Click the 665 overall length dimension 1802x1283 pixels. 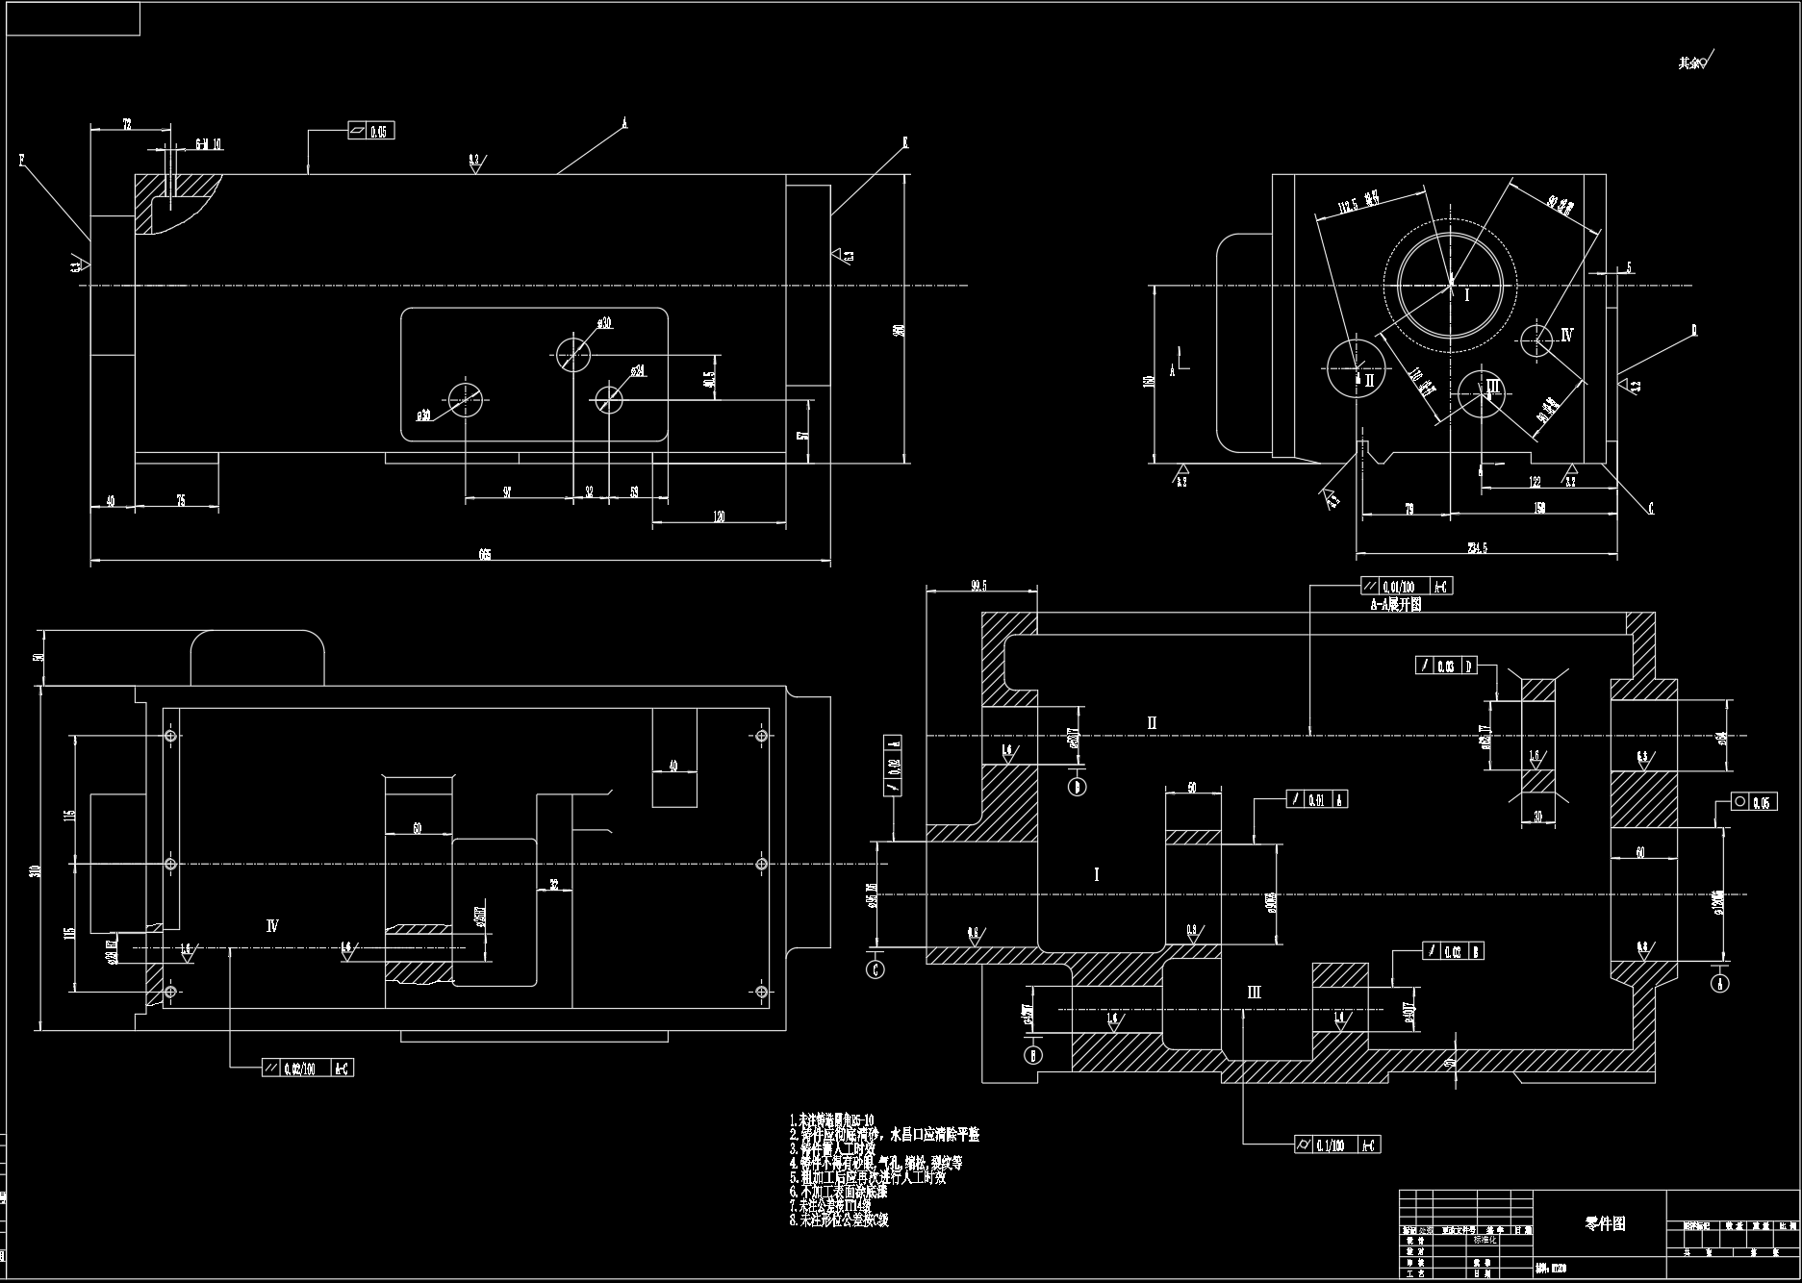[x=485, y=555]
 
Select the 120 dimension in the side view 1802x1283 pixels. [x=719, y=517]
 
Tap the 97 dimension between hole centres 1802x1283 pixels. [x=507, y=492]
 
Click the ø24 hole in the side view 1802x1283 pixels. [x=608, y=398]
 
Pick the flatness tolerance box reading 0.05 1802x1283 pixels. [x=370, y=131]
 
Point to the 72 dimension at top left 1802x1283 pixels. [x=127, y=123]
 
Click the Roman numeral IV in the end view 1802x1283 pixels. [x=1567, y=336]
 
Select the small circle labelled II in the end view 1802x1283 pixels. [x=1357, y=367]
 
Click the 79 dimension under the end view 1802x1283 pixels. [x=1409, y=508]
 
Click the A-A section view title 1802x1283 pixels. [x=1396, y=605]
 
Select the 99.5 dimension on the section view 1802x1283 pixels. [x=980, y=584]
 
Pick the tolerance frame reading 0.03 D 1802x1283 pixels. [x=1446, y=666]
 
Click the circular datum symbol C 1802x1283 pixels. [x=876, y=969]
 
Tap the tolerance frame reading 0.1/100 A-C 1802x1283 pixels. [x=1338, y=1144]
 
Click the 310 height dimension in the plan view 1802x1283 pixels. [x=36, y=872]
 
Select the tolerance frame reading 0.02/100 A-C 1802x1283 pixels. [x=307, y=1068]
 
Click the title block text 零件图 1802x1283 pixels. [x=1605, y=1224]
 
